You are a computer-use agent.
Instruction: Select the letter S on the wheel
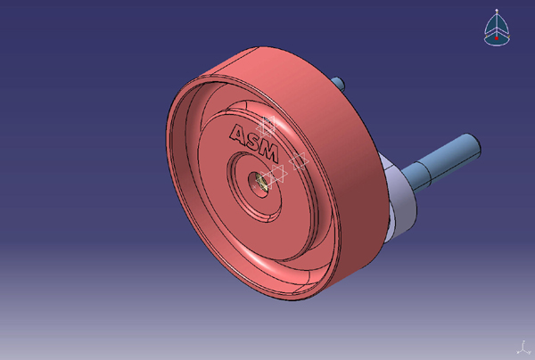[x=253, y=139]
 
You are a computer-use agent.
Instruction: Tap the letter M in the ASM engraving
[x=268, y=144]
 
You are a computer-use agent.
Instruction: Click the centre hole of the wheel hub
[x=261, y=181]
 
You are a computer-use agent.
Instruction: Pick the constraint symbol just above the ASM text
[x=267, y=125]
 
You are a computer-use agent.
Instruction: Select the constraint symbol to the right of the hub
[x=299, y=161]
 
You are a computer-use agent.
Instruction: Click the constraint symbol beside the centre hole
[x=276, y=173]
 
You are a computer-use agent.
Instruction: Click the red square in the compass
[x=498, y=37]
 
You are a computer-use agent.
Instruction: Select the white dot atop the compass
[x=498, y=10]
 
